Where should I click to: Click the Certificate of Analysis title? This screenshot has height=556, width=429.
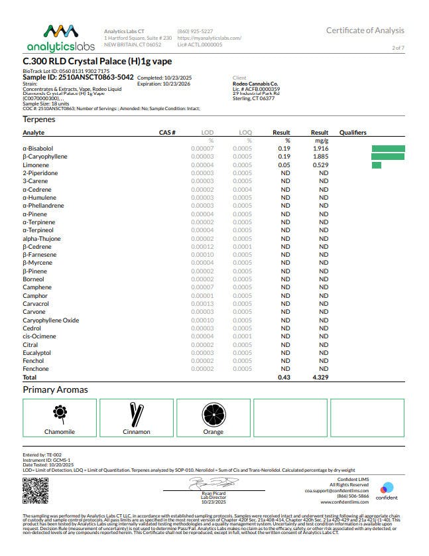coord(365,31)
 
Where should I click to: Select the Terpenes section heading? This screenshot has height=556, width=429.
coord(39,119)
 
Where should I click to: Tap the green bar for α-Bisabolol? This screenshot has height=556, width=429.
coord(388,149)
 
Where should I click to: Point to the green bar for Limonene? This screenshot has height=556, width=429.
coord(376,165)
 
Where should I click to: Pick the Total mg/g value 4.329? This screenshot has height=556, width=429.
coord(320,378)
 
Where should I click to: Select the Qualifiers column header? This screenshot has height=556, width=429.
coord(353,133)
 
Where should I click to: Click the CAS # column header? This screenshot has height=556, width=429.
coord(167,133)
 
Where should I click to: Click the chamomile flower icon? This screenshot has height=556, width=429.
coord(60,414)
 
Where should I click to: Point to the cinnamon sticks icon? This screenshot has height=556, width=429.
coord(137,414)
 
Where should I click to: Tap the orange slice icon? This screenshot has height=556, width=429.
coord(213,414)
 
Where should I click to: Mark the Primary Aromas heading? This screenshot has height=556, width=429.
coord(55,389)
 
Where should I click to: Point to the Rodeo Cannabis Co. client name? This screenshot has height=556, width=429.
coord(256,84)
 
